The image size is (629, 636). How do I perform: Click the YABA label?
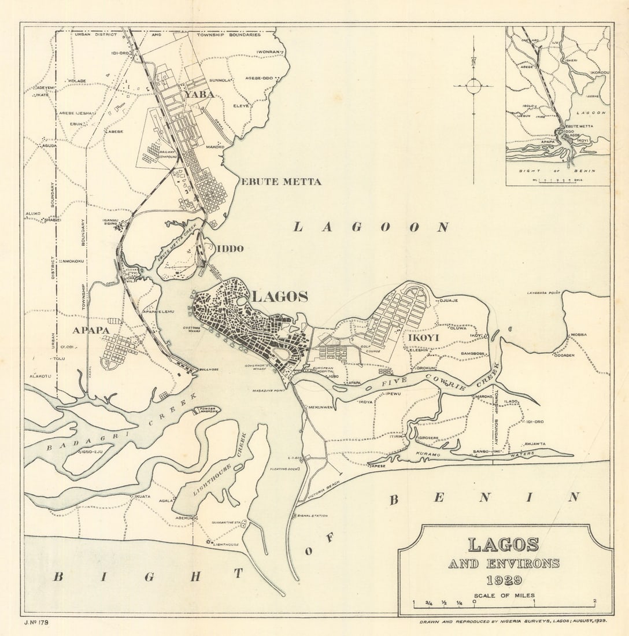click(199, 94)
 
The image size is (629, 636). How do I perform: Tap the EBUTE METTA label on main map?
click(280, 182)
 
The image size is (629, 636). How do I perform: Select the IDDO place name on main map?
click(230, 249)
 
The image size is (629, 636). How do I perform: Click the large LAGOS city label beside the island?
click(280, 297)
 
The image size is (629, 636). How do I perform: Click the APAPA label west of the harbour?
click(91, 331)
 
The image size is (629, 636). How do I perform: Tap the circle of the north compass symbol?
click(473, 86)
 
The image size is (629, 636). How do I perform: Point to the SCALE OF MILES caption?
click(504, 596)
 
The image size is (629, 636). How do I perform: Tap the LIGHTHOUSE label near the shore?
click(225, 544)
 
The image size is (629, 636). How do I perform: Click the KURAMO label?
click(428, 455)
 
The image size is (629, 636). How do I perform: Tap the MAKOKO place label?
click(214, 147)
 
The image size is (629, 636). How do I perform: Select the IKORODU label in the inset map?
click(598, 73)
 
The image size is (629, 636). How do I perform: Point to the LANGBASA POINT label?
click(543, 293)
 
